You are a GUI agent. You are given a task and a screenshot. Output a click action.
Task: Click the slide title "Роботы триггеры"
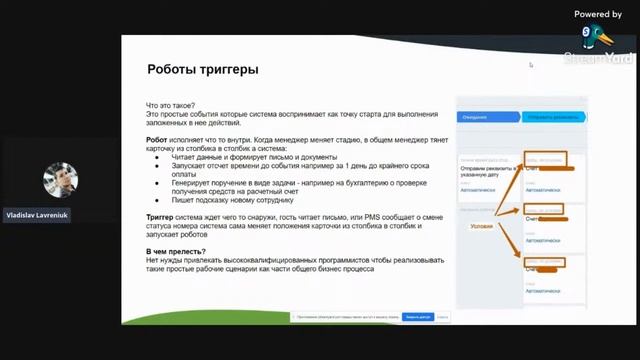(202, 70)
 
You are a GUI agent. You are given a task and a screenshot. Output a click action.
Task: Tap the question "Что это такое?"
(172, 105)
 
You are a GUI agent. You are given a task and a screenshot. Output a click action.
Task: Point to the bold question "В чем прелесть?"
(177, 250)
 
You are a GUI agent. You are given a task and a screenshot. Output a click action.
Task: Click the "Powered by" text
(598, 14)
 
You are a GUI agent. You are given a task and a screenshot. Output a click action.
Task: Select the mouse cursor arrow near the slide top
(531, 65)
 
